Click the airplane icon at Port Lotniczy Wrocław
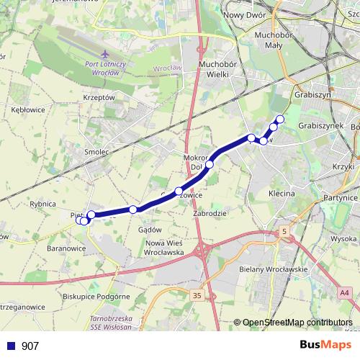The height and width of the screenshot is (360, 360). pos(107,54)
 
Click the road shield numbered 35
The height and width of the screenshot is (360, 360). pos(197,294)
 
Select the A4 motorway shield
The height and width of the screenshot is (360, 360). pos(345,292)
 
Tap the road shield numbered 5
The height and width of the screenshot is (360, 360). pos(285,231)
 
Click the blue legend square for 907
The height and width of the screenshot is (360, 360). pos(11,346)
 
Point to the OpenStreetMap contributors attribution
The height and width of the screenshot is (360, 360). pos(297,323)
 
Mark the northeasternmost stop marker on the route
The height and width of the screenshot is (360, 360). pos(280,119)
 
